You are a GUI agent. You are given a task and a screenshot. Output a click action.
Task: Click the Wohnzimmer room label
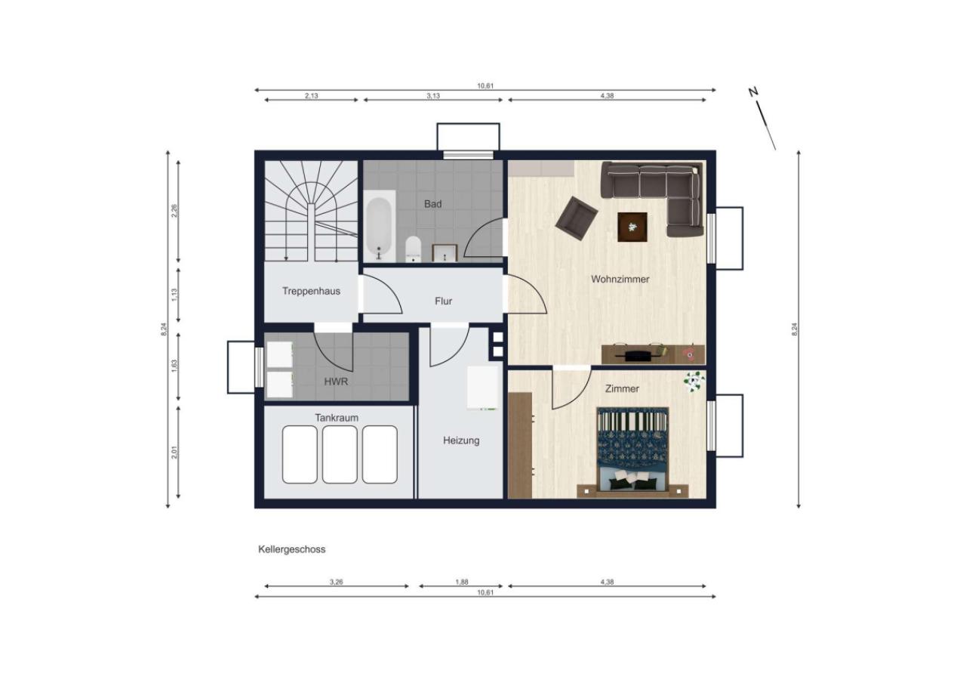pos(620,280)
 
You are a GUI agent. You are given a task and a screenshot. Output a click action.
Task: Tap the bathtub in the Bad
pos(380,226)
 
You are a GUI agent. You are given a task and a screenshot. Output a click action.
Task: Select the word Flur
pos(443,301)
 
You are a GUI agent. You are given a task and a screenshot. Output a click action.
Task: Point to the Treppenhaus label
pos(311,291)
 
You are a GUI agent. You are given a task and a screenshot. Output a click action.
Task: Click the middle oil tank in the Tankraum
pos(340,454)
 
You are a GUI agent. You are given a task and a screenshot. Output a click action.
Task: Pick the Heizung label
pos(461,440)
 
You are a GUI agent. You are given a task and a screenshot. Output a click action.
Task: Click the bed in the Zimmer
pos(632,452)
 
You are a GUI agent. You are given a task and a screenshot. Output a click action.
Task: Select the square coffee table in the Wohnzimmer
pos(632,227)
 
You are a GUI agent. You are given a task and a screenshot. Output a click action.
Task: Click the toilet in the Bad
pos(413,249)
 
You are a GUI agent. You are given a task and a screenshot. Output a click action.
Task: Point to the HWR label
pos(336,382)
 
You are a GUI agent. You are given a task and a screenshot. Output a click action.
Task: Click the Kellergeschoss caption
pos(291,549)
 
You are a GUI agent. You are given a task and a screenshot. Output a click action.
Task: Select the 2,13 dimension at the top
pos(312,96)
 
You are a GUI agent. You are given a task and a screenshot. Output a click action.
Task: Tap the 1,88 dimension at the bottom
pos(462,583)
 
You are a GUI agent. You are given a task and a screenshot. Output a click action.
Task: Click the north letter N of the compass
pos(753,92)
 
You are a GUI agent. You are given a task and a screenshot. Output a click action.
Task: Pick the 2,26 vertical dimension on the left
pos(174,211)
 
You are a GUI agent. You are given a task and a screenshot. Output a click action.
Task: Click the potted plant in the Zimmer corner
pos(694,382)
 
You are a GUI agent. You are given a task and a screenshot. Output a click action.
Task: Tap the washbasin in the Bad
pos(445,253)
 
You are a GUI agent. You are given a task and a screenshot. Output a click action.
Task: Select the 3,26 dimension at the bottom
pos(336,583)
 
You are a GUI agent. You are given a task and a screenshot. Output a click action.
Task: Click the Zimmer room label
pos(622,388)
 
